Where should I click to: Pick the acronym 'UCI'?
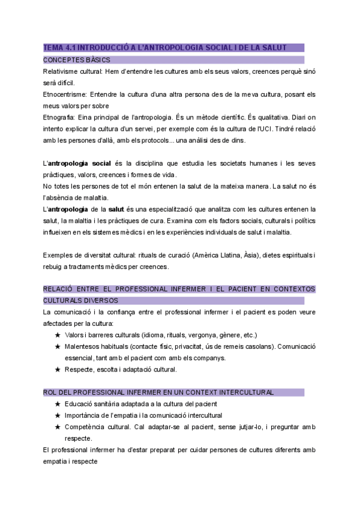266,128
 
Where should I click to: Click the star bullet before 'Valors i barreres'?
57,335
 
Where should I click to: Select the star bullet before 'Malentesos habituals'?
57,346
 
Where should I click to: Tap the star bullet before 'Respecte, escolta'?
57,369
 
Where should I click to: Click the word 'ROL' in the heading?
50,392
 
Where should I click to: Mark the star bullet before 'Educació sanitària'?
57,404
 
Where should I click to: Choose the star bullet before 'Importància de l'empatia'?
57,415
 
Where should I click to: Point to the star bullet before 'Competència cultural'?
57,427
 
